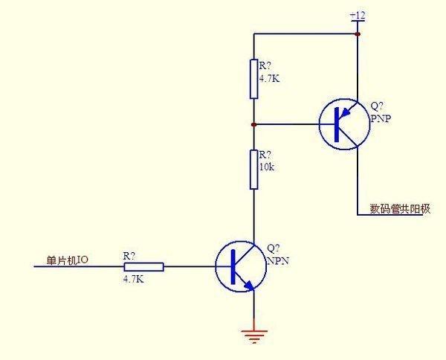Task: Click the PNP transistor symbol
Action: (x=344, y=124)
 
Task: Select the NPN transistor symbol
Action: (x=242, y=266)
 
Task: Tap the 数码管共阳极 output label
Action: (x=400, y=209)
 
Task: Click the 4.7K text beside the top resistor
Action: (x=269, y=77)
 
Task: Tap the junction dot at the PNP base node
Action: (x=254, y=124)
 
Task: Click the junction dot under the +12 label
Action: (x=358, y=34)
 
